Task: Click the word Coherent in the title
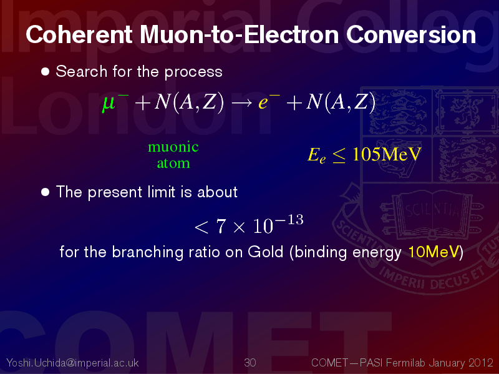click(79, 34)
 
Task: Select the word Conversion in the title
click(411, 34)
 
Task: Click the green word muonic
click(173, 147)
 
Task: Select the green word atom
click(173, 163)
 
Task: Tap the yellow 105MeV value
click(387, 154)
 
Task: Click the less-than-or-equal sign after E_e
click(339, 156)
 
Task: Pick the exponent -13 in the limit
click(290, 220)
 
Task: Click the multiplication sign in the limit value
click(240, 227)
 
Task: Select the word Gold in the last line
click(266, 252)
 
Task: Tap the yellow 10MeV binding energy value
click(434, 252)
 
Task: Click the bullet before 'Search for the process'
click(45, 71)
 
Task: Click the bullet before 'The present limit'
click(45, 192)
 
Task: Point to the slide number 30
click(250, 363)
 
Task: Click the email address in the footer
click(72, 363)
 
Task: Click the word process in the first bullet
click(193, 72)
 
